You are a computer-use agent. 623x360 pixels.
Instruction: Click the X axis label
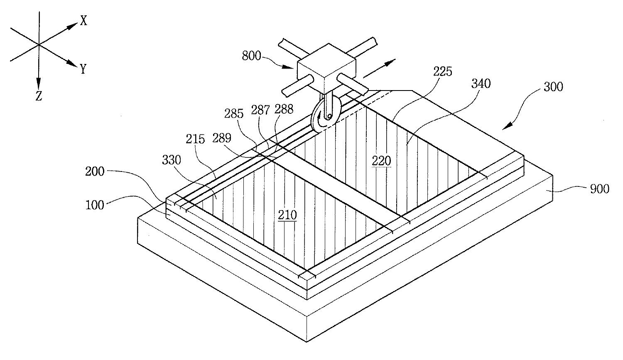[84, 21]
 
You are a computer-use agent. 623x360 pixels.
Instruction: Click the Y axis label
[83, 69]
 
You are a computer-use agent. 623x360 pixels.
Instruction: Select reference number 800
[251, 56]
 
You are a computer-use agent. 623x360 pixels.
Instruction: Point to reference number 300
[554, 87]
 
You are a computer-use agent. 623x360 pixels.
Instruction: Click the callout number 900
[600, 189]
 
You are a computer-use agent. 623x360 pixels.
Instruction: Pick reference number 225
[443, 72]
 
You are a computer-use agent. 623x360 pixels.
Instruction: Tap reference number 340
[481, 83]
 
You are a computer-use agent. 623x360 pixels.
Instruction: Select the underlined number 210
[287, 215]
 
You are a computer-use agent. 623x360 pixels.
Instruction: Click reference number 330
[172, 160]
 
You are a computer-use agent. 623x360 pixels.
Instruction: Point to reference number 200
[95, 171]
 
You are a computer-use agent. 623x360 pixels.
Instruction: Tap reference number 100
[95, 205]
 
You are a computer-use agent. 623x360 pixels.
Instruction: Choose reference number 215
[195, 139]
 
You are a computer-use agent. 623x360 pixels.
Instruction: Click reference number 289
[222, 138]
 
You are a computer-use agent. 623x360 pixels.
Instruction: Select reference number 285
[234, 114]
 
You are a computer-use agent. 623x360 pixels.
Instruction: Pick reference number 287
[260, 110]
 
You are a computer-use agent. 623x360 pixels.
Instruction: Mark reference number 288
[284, 109]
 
